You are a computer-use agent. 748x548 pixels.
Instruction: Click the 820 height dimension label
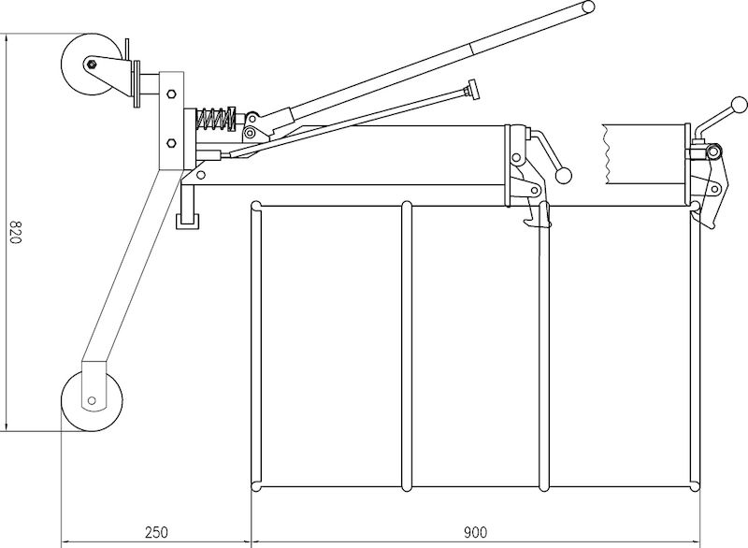click(x=16, y=232)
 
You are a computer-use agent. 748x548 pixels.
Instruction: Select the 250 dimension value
click(x=156, y=532)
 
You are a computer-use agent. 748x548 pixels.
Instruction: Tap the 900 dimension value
click(x=475, y=532)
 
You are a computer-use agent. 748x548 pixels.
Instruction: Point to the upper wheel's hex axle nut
click(x=92, y=64)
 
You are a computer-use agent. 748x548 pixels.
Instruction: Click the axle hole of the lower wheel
click(x=92, y=400)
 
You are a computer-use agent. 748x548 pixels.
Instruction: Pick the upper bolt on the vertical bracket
click(x=171, y=94)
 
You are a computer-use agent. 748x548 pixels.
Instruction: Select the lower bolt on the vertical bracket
click(x=171, y=142)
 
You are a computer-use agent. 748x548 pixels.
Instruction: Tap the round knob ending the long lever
click(x=589, y=7)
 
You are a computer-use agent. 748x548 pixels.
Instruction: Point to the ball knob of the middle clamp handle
click(x=564, y=176)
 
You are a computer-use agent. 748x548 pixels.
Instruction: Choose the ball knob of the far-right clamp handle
click(x=740, y=105)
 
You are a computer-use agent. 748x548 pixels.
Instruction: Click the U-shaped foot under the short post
click(x=187, y=222)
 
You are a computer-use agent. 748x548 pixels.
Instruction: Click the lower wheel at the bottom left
click(x=92, y=400)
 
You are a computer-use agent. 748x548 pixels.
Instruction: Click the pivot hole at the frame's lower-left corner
click(x=201, y=175)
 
